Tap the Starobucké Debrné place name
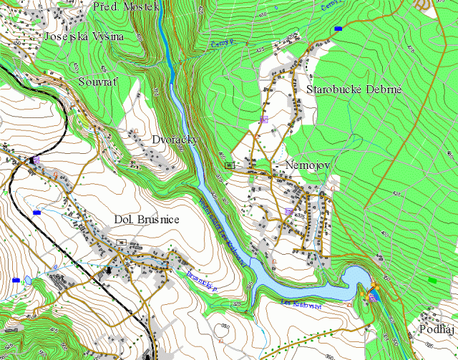point(354,90)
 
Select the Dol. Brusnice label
point(147,219)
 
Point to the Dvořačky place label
point(174,140)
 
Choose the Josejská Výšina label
point(84,36)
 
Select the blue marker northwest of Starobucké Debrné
point(338,29)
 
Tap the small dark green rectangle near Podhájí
point(431,279)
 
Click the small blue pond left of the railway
point(16,278)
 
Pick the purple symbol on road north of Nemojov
point(263,118)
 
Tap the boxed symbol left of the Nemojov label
point(229,165)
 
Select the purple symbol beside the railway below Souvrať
point(35,159)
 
